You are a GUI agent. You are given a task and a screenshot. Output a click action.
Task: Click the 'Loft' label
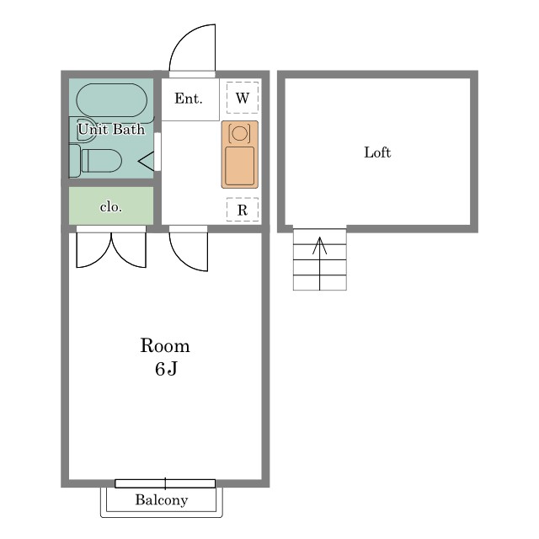coord(377,152)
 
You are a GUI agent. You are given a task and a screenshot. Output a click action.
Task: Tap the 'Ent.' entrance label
coord(189,99)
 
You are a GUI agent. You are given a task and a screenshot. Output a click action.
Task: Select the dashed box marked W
coord(243,98)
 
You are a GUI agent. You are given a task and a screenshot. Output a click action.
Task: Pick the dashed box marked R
coord(243,210)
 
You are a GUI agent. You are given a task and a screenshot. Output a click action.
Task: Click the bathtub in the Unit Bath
coord(112,100)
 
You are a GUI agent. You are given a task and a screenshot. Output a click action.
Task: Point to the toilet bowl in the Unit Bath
coord(102,161)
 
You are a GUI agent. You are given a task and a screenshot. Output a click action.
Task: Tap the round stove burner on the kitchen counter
coord(239,133)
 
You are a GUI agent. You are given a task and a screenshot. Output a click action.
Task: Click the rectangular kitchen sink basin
coord(239,166)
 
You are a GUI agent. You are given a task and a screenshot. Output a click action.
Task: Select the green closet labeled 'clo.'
coord(111,205)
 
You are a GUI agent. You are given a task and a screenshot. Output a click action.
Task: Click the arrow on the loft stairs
coord(320,264)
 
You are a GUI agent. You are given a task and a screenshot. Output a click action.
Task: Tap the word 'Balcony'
coord(162,499)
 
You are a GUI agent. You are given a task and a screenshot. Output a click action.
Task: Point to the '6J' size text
coord(166,369)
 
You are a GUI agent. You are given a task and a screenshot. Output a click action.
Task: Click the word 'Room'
coord(165,345)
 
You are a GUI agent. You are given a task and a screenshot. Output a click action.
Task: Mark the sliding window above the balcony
coord(165,483)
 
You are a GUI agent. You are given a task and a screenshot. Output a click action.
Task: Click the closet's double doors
coord(111,248)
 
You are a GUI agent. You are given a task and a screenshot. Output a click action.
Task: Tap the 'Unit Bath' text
coord(111,130)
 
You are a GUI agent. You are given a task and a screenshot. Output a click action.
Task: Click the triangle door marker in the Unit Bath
coord(147,161)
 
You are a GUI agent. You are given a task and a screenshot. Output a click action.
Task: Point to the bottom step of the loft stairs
coord(320,283)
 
